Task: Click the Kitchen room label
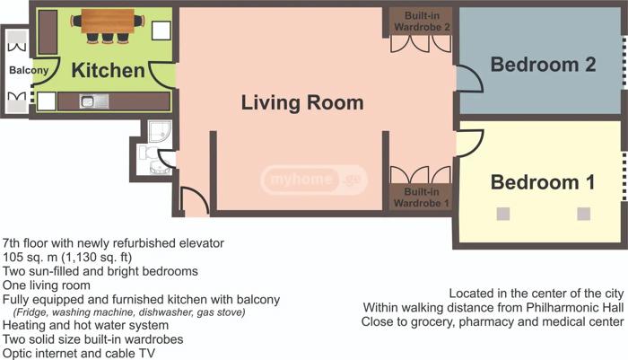point(109,71)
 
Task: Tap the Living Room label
point(302,102)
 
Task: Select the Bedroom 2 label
point(543,65)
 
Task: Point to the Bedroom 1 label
point(543,182)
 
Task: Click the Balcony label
point(29,70)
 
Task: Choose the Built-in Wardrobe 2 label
point(423,22)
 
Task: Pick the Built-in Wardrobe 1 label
point(422,198)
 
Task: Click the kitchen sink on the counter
point(93,101)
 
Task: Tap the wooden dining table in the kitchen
point(108,21)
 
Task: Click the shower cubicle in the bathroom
point(160,131)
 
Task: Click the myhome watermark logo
point(314,180)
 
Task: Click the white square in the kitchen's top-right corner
point(161,31)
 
